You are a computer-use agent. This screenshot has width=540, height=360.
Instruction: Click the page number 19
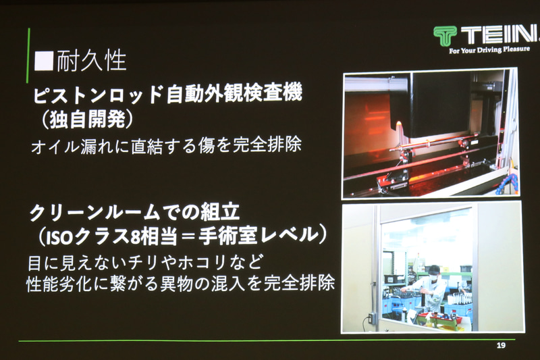(x=500, y=346)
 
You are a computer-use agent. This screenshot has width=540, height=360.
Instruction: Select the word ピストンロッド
(x=87, y=94)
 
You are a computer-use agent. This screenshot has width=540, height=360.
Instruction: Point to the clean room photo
(x=431, y=267)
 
